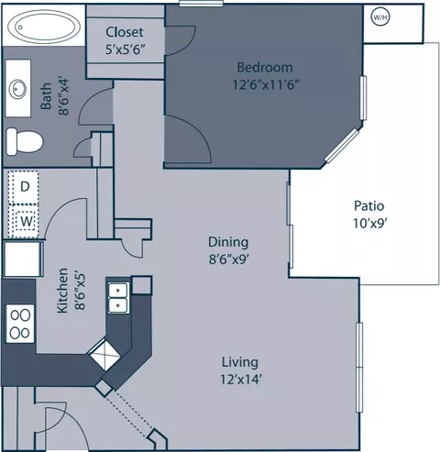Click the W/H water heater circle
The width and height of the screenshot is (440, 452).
(x=380, y=17)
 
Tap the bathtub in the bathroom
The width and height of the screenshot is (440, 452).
(x=44, y=27)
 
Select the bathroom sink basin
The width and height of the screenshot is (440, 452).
(x=17, y=89)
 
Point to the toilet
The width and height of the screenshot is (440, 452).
(x=25, y=141)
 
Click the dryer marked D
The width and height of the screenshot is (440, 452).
(x=24, y=187)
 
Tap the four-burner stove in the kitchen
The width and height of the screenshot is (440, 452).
(x=20, y=324)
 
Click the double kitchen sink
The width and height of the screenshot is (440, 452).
(x=118, y=298)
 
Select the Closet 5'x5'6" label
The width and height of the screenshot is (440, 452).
(x=125, y=40)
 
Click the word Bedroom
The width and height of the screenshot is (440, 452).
(x=265, y=67)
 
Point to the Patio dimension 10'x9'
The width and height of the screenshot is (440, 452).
(x=370, y=224)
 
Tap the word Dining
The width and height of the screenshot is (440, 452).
(x=228, y=242)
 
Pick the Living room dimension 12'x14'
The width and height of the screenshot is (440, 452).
(x=241, y=380)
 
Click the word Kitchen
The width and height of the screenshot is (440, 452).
(x=62, y=291)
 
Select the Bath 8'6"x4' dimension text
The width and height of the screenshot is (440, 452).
(x=64, y=97)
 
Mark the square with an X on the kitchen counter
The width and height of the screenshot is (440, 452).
(x=104, y=354)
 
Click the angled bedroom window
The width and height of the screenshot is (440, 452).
(x=342, y=146)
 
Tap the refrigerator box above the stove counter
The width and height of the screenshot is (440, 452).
(x=23, y=259)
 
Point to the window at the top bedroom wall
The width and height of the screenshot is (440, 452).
(x=201, y=4)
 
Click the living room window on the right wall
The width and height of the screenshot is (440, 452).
(x=359, y=367)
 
